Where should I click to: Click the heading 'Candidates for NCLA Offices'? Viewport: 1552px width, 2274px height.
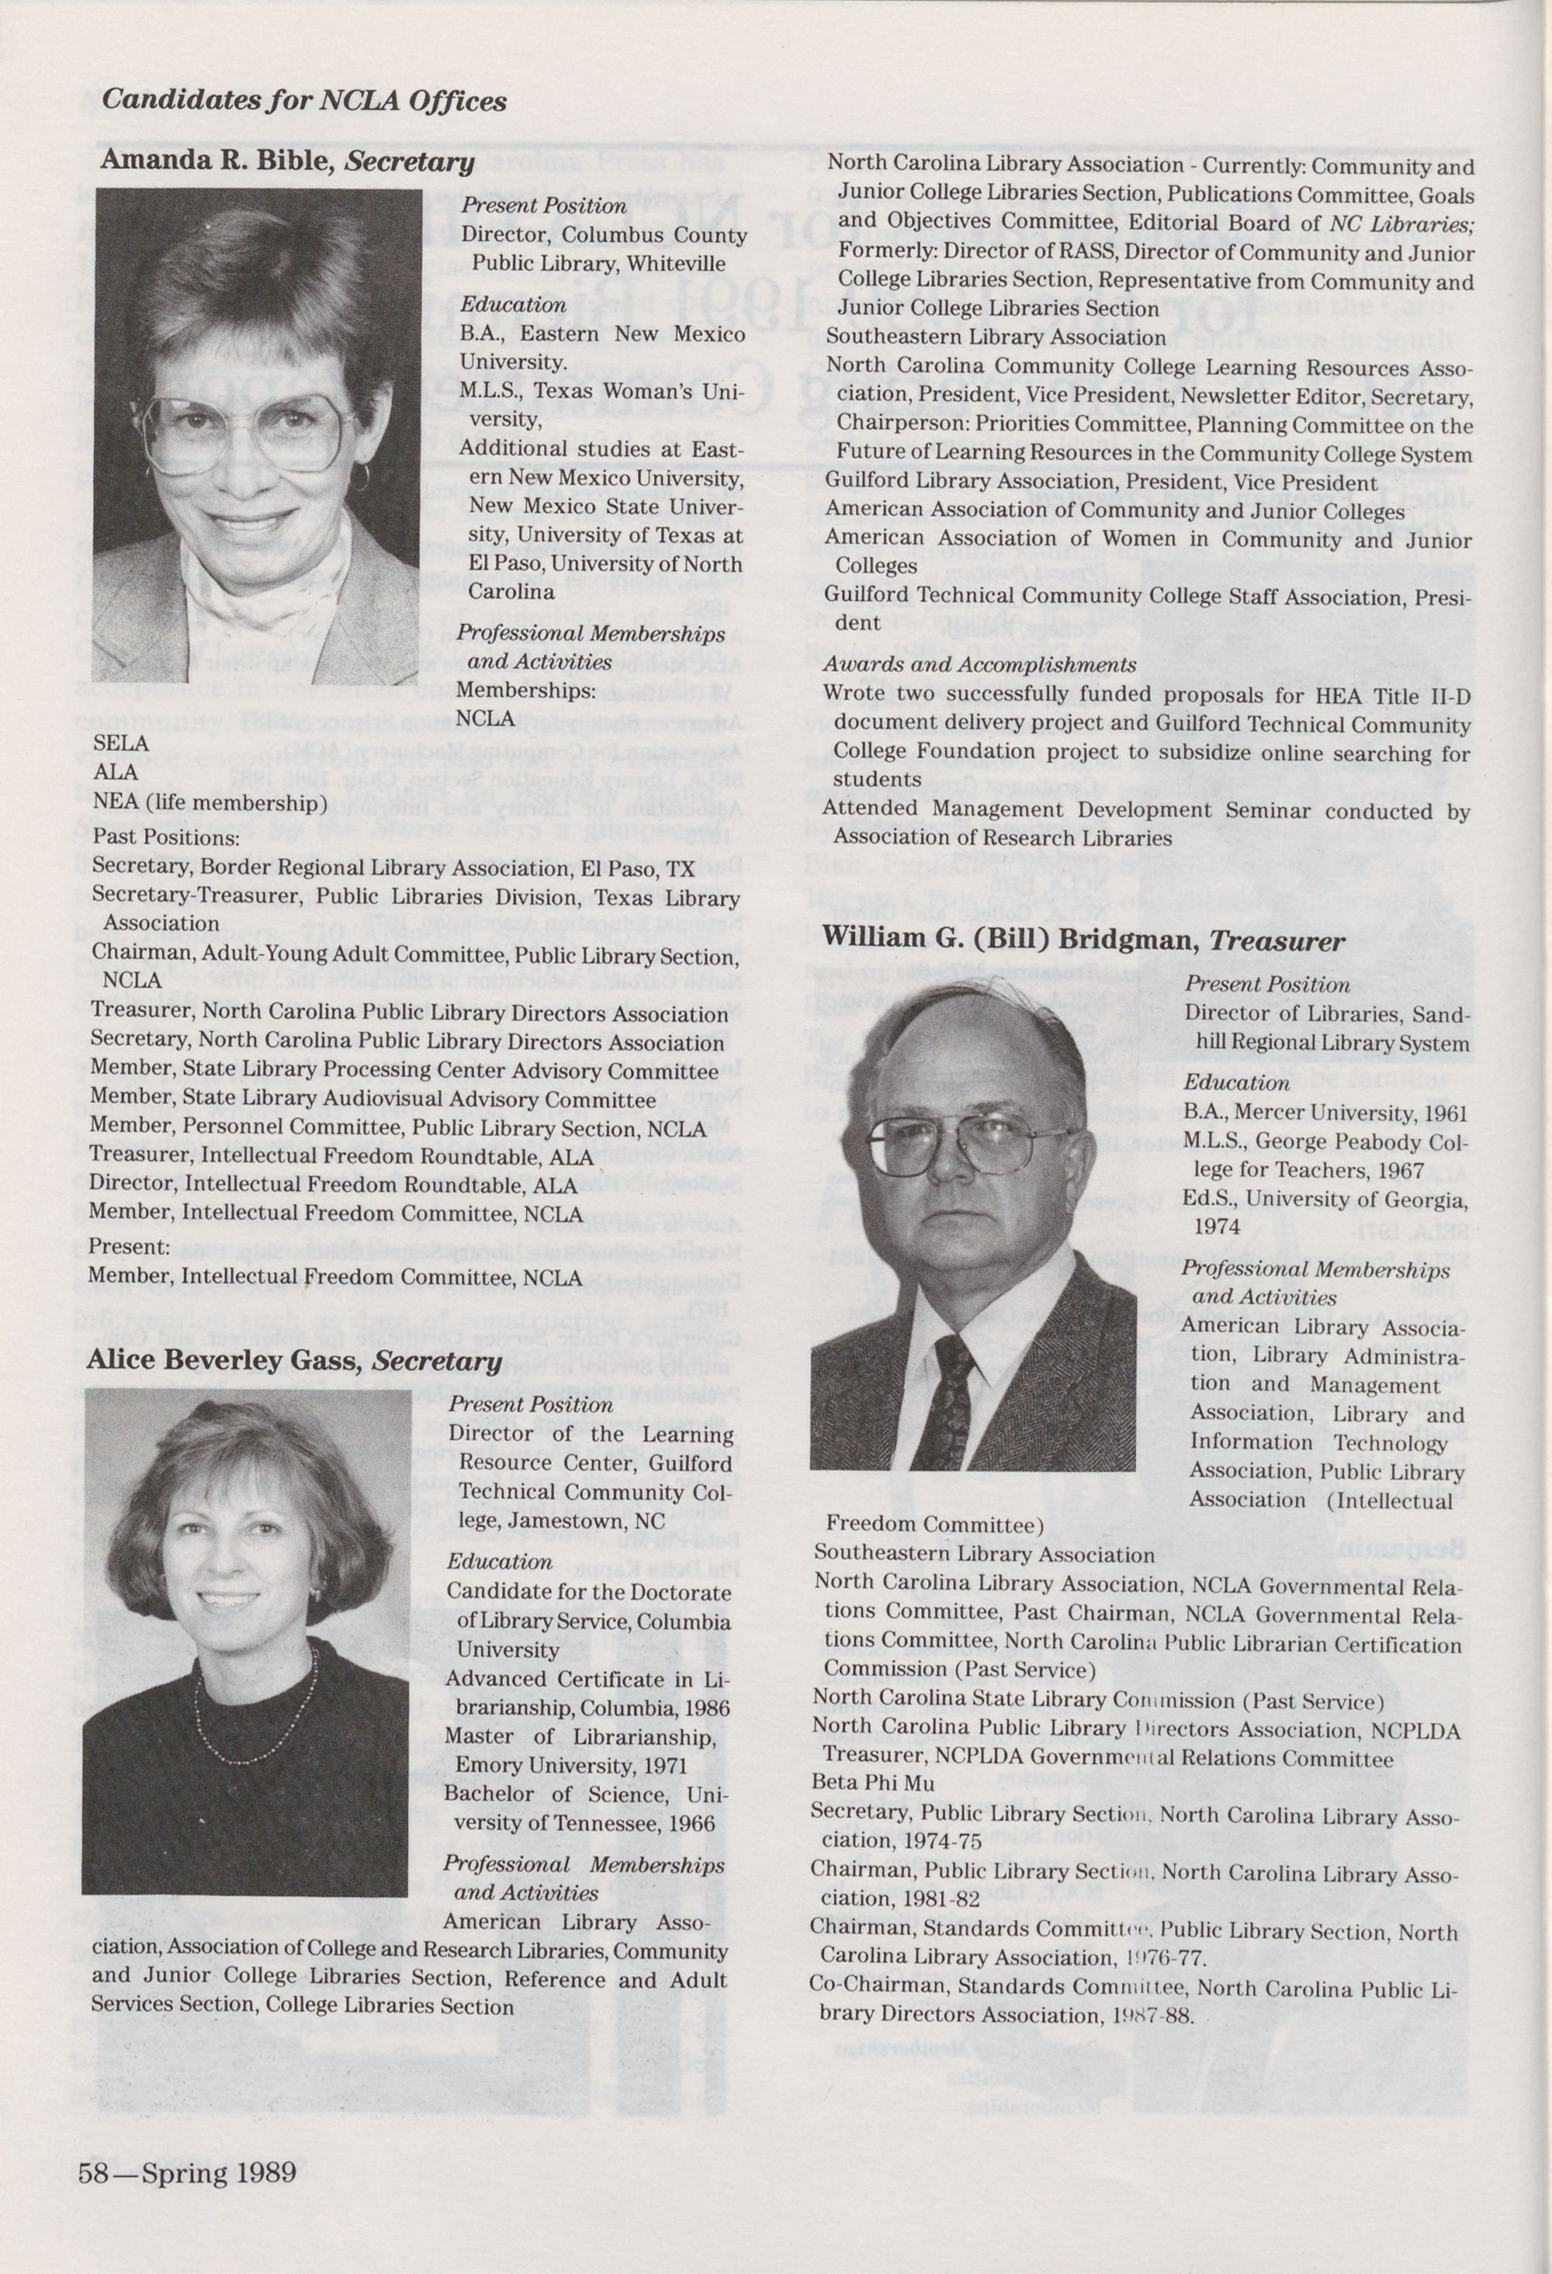pos(304,100)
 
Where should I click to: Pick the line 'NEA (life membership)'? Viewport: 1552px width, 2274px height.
pos(210,803)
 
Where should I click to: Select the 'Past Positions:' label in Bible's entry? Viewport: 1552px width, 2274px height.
pos(165,838)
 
